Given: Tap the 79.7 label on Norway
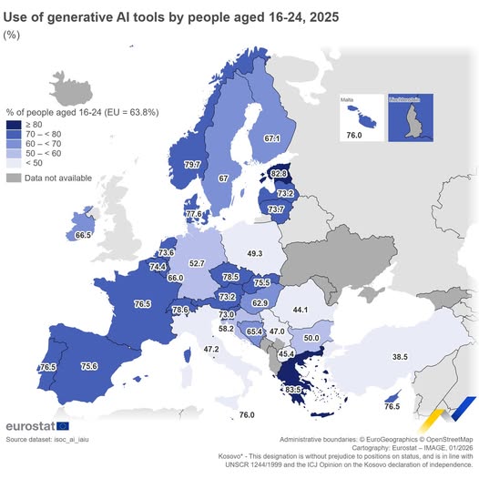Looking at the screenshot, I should [192, 165].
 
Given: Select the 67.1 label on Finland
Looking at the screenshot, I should [271, 138].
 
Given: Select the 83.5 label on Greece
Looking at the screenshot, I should [294, 390].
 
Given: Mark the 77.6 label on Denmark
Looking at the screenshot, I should [193, 214].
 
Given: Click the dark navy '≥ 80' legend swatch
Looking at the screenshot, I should [15, 126].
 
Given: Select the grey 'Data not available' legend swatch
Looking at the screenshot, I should [15, 178].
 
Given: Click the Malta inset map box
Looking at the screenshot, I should [361, 116].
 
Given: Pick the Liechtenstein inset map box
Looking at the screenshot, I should [415, 116].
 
